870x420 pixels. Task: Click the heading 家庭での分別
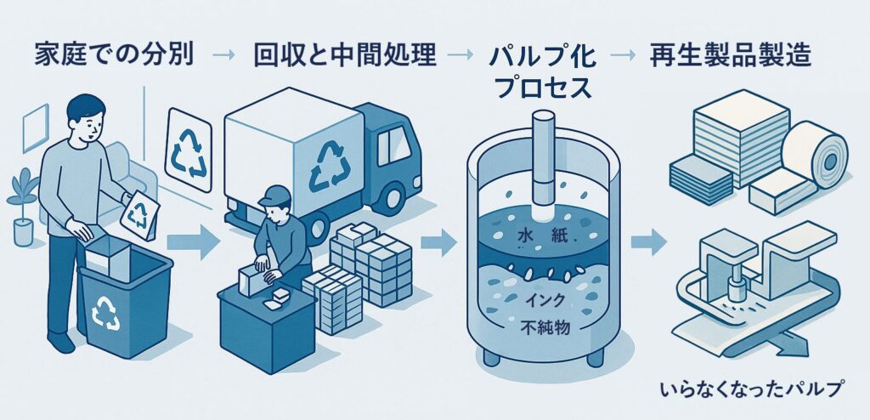[114, 56]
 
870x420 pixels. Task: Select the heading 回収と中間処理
[344, 56]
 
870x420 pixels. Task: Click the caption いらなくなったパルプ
[752, 390]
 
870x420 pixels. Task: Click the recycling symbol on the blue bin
[106, 312]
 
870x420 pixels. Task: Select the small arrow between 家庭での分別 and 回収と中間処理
[223, 56]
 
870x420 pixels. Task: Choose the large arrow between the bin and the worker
[192, 241]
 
